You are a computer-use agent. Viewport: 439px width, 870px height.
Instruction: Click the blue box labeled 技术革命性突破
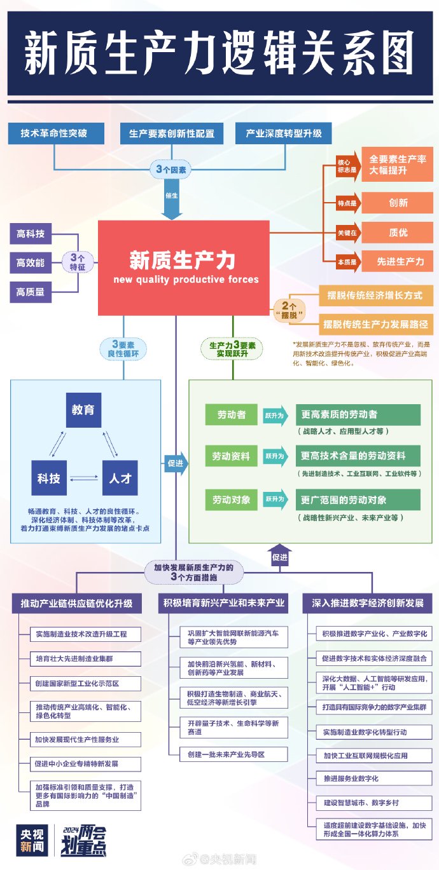point(53,133)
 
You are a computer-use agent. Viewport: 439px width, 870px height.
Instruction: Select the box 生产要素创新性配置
point(172,133)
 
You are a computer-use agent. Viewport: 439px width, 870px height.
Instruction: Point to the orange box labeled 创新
point(398,203)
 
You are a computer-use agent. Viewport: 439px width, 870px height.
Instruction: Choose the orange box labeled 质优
point(398,233)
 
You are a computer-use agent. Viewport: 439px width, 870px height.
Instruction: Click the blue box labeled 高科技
point(31,234)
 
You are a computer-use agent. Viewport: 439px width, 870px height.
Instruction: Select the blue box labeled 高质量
point(31,292)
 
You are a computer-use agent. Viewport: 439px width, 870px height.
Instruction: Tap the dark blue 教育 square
point(83,410)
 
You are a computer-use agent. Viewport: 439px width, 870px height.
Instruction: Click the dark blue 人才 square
point(120,478)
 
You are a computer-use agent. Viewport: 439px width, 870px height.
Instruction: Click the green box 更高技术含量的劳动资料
point(358,456)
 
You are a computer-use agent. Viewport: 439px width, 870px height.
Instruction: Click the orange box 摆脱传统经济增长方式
point(375,296)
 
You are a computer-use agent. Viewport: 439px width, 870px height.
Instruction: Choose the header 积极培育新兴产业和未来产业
point(223,602)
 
